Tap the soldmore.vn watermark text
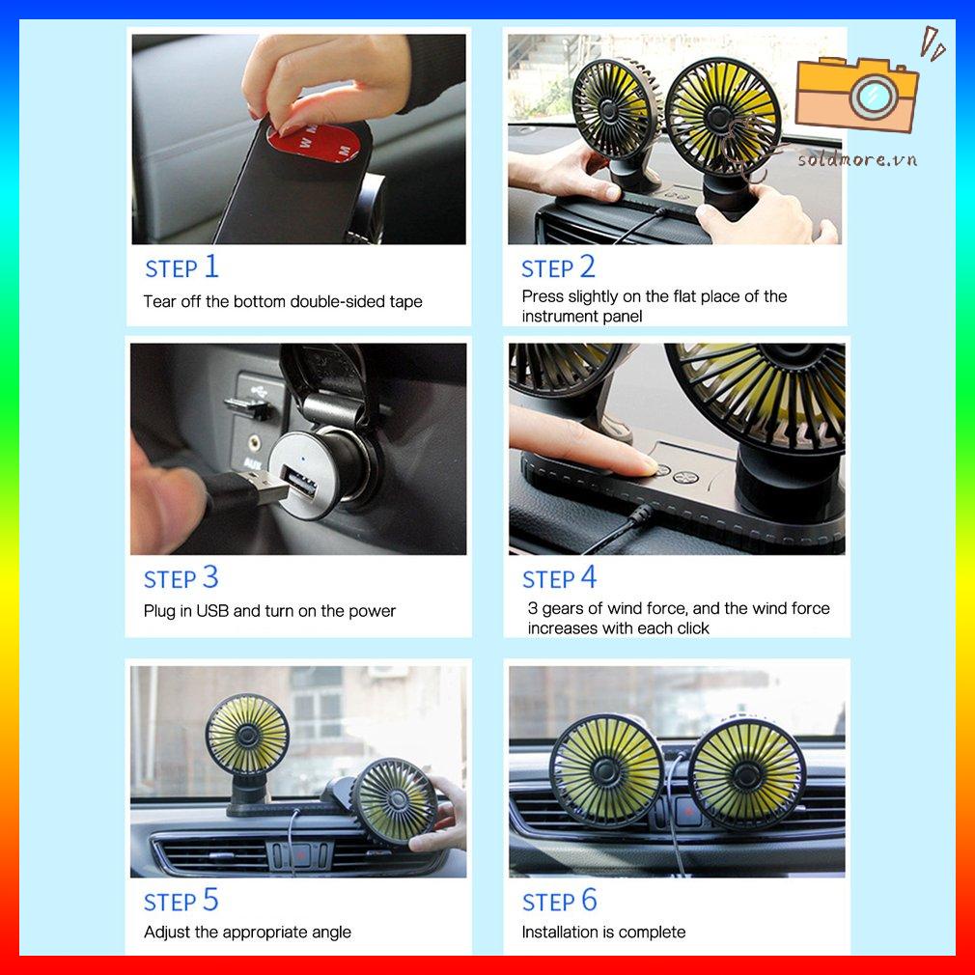pyautogui.click(x=857, y=160)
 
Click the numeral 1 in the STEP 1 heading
pyautogui.click(x=211, y=266)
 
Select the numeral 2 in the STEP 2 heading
pyautogui.click(x=588, y=266)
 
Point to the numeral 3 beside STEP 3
pyautogui.click(x=210, y=577)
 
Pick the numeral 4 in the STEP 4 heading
pyautogui.click(x=589, y=577)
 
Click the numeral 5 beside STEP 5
pyautogui.click(x=210, y=900)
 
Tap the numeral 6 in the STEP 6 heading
pyautogui.click(x=589, y=900)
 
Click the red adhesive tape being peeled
pyautogui.click(x=311, y=143)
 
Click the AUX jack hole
pyautogui.click(x=253, y=443)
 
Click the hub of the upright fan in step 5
pyautogui.click(x=247, y=736)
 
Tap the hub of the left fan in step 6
pyautogui.click(x=605, y=771)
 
